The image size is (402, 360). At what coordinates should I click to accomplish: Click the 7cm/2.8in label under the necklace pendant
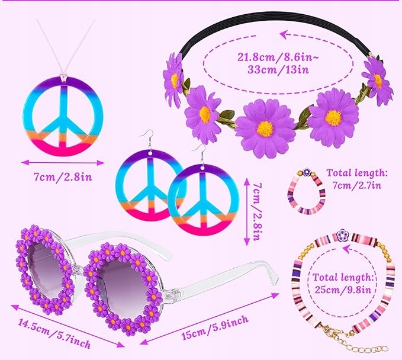[63, 177]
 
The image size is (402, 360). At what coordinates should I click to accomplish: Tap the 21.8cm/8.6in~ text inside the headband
[278, 57]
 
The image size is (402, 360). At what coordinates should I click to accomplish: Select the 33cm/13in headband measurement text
[278, 69]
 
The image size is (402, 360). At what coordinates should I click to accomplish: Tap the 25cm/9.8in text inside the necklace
[343, 290]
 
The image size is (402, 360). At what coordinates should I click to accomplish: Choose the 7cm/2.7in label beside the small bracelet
[357, 185]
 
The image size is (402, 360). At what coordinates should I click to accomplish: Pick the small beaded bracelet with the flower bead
[306, 191]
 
